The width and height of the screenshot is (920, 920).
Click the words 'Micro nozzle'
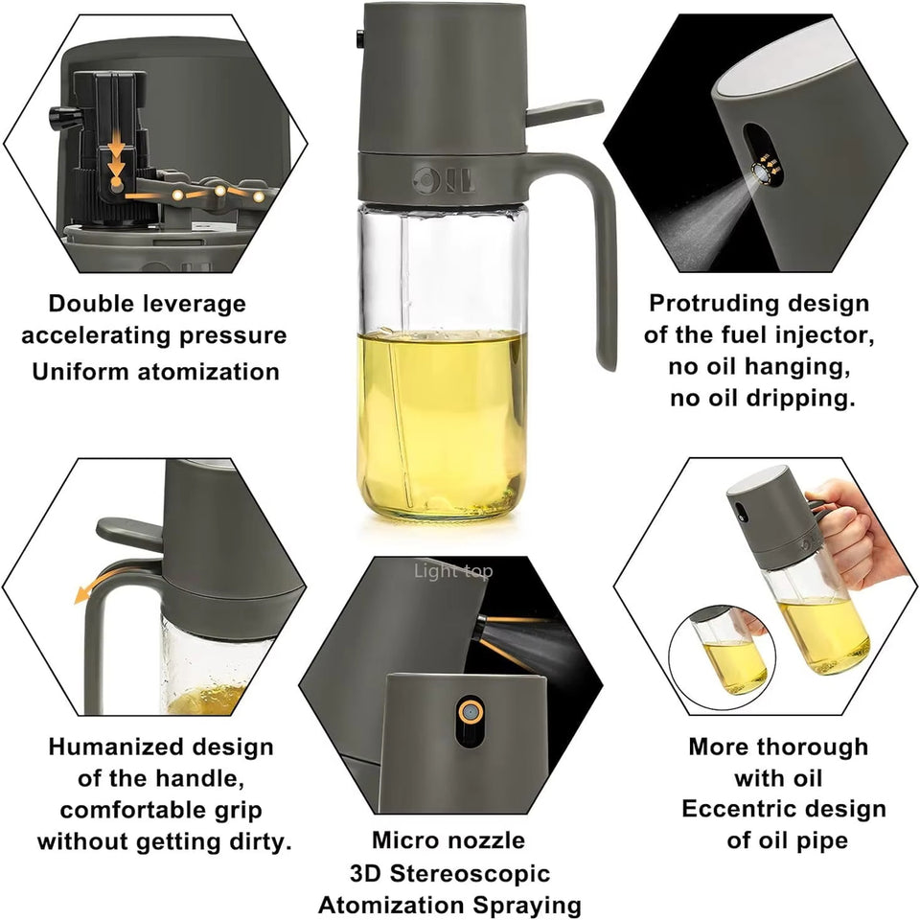[448, 840]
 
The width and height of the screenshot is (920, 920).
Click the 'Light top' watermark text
[453, 571]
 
